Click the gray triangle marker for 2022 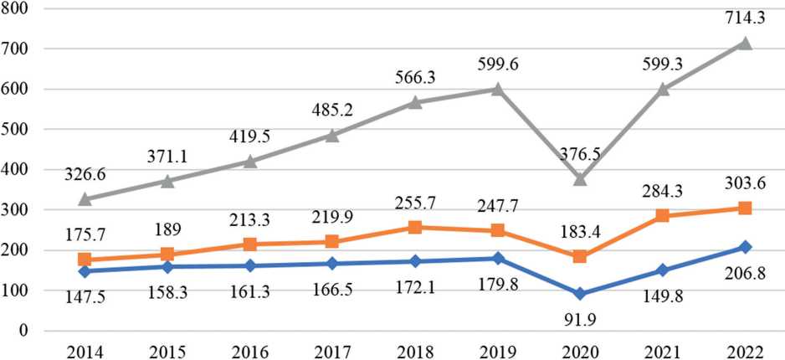click(745, 44)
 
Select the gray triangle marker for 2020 click(579, 179)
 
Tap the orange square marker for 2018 click(414, 228)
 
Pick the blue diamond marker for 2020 click(579, 294)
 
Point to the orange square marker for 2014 click(85, 260)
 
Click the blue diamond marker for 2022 click(745, 247)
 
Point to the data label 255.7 click(414, 203)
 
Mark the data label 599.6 click(497, 64)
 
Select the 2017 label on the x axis click(332, 349)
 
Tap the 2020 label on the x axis click(579, 349)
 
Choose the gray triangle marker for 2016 click(249, 162)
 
